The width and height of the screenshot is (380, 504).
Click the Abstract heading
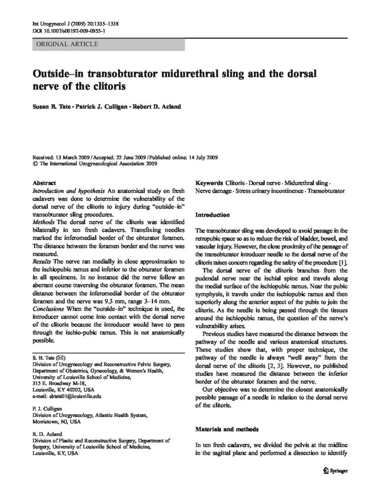44,182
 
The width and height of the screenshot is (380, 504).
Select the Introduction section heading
212,215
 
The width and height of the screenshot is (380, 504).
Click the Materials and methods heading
226,429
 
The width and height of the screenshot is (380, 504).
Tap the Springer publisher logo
335,470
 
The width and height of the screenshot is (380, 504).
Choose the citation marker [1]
341,262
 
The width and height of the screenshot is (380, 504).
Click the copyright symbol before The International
34,164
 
